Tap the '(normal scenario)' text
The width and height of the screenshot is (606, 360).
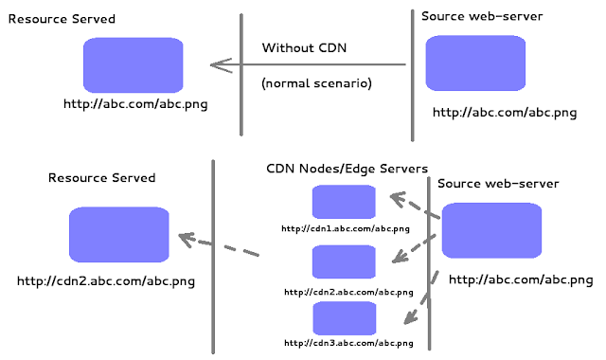(316, 83)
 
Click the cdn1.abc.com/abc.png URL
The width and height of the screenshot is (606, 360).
(346, 228)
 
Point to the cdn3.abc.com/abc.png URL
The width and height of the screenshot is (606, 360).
(349, 342)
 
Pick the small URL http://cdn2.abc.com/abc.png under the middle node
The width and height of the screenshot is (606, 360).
(348, 292)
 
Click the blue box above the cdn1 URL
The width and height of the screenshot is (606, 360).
(344, 202)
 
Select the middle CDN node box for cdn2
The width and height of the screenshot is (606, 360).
(344, 261)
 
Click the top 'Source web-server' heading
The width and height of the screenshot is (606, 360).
(483, 17)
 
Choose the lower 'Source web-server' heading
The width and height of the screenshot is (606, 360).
(498, 183)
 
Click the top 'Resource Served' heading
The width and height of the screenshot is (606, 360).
(62, 19)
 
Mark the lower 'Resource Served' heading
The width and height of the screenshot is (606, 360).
(101, 177)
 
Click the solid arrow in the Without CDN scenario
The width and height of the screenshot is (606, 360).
(308, 65)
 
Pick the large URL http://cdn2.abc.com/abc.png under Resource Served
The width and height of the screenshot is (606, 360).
(106, 280)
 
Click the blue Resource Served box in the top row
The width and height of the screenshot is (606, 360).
(133, 64)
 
